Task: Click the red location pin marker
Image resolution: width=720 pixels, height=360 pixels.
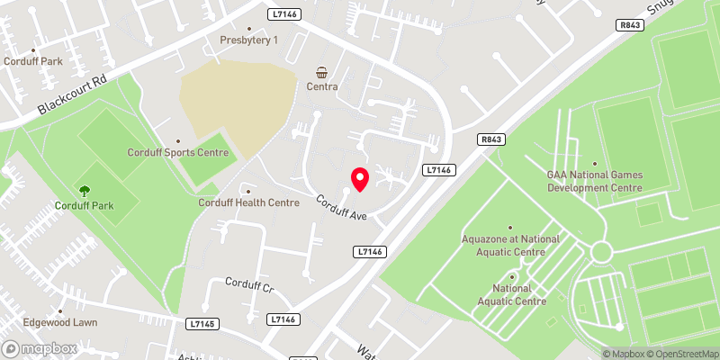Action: pos(359,179)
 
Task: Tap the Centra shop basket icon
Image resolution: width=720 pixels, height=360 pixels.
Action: pos(321,72)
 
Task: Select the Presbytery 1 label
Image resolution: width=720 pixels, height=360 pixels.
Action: pos(249,40)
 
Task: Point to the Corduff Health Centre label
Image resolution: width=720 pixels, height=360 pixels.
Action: pos(248,202)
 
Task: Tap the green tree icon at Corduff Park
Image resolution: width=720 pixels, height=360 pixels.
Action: pos(85,191)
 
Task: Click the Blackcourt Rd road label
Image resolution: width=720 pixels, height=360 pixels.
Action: pos(73,94)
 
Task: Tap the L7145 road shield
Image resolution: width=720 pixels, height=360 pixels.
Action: pos(202,321)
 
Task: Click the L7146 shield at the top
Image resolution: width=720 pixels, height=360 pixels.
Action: pos(283,14)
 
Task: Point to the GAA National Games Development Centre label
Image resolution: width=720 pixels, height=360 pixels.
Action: pos(595,181)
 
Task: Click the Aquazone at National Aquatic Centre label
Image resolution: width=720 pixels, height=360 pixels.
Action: pos(510,246)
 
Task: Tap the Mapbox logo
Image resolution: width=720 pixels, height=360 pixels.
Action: pos(38,347)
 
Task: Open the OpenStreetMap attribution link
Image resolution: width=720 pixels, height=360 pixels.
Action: pos(681,354)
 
